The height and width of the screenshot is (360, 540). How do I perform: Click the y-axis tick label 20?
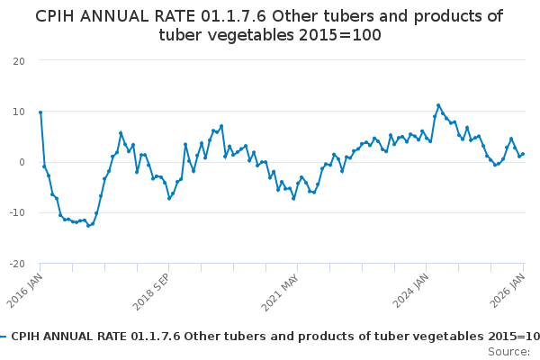[19, 60]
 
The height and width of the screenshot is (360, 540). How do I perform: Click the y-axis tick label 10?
[19, 112]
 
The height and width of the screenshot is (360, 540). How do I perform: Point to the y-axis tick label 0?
[22, 162]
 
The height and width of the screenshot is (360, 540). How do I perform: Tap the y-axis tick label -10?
[17, 213]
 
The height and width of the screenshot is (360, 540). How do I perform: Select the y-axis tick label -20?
[17, 264]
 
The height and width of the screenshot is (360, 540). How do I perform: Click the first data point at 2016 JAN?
[40, 112]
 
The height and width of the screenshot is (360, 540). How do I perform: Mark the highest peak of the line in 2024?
[438, 105]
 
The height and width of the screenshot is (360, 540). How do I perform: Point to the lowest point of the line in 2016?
[88, 225]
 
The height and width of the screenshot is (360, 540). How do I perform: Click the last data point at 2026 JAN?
[523, 154]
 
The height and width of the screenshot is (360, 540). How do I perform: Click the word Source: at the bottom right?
[509, 351]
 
